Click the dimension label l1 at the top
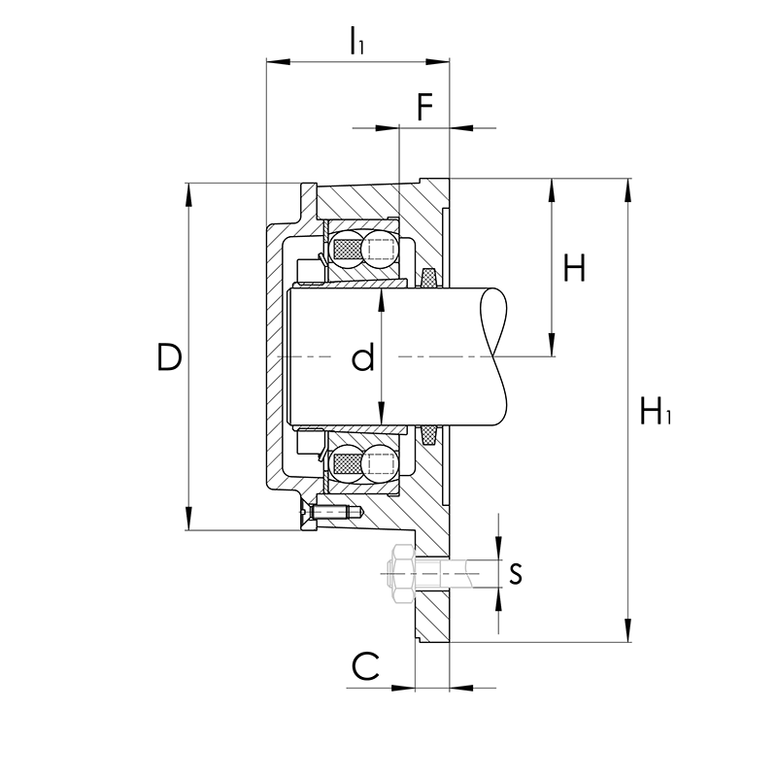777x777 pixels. (356, 40)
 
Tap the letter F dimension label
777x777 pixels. (425, 107)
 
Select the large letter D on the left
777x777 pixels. (169, 356)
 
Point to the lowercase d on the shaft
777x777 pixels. (363, 357)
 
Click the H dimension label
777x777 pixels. (575, 268)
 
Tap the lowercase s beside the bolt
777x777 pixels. (516, 573)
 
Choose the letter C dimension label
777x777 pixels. (365, 665)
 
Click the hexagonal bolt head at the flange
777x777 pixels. (402, 573)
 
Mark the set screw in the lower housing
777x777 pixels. (333, 512)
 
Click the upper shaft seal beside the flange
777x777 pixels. (427, 278)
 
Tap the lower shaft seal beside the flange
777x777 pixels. (427, 434)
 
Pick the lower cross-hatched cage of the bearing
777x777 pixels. (349, 463)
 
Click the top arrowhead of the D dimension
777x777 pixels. (188, 195)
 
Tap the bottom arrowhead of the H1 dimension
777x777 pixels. (627, 630)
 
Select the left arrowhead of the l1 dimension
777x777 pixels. (278, 61)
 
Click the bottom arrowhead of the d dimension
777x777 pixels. (381, 414)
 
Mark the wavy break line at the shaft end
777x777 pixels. (494, 356)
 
